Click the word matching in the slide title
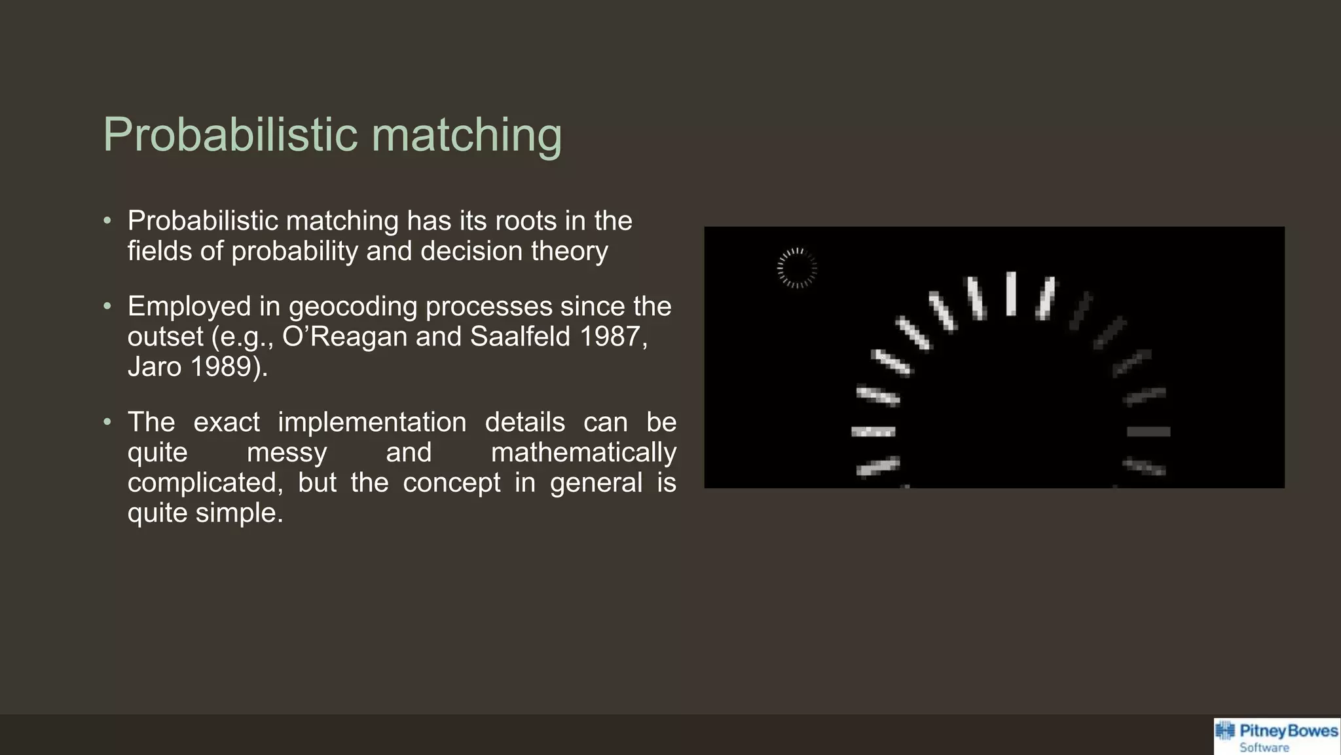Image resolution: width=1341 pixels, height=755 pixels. pyautogui.click(x=467, y=134)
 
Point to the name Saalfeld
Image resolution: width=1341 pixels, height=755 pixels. pyautogui.click(x=520, y=337)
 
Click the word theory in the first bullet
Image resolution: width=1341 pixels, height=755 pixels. pyautogui.click(x=569, y=251)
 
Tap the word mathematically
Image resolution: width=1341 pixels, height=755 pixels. pyautogui.click(x=583, y=453)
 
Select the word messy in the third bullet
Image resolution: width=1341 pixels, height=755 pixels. pyautogui.click(x=287, y=453)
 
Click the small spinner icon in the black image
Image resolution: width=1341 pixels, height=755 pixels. pyautogui.click(x=797, y=268)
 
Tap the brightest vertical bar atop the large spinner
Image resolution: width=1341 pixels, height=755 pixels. pyautogui.click(x=1011, y=294)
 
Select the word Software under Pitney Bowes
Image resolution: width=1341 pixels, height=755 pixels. pyautogui.click(x=1264, y=748)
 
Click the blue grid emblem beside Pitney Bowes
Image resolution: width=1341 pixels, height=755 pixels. pyautogui.click(x=1225, y=731)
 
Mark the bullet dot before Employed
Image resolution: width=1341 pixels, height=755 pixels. pyautogui.click(x=107, y=306)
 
